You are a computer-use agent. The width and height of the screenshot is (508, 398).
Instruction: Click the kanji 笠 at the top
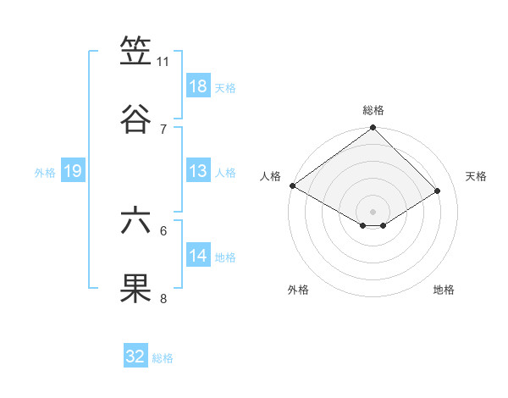pos(136,53)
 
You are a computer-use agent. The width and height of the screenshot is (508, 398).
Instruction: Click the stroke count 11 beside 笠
pos(163,62)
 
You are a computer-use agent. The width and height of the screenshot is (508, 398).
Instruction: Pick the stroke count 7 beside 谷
pos(163,129)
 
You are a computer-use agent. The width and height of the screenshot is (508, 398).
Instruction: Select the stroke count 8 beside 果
pos(163,298)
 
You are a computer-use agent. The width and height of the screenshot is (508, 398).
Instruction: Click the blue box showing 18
pos(198,86)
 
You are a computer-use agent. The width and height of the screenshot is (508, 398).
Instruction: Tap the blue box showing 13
pos(198,171)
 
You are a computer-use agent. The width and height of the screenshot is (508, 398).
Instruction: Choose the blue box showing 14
pos(198,256)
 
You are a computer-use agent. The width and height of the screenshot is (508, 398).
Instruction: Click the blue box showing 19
pos(72,171)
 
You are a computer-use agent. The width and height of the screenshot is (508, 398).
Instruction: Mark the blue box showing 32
pos(135,357)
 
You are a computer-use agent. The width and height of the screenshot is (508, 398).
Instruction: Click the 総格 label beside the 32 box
pos(163,358)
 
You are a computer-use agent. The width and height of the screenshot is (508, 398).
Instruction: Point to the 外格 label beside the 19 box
pos(45,172)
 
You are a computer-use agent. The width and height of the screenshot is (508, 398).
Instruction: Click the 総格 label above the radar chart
pos(373,110)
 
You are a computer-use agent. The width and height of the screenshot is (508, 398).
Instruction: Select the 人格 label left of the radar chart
pos(270,176)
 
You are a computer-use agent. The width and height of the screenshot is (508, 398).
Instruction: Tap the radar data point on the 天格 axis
pos(438,191)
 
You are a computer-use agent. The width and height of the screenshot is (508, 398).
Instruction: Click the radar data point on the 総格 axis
pos(373,129)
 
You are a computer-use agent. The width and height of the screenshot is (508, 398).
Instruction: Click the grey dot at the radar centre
pos(373,211)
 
